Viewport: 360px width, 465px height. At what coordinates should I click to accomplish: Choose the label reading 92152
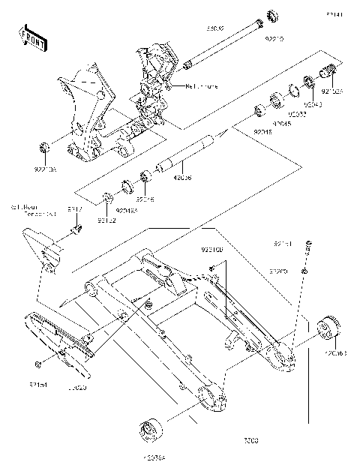click(x=106, y=220)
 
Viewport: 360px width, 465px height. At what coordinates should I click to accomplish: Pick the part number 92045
click(x=282, y=123)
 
